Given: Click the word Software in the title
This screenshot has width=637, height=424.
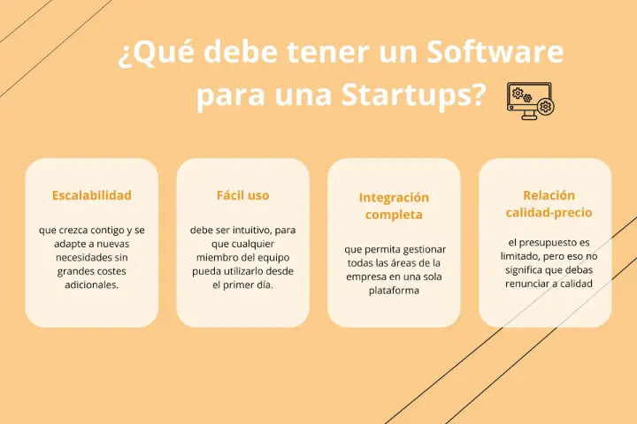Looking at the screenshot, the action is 495,52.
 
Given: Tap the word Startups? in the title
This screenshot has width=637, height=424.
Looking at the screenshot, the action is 413,95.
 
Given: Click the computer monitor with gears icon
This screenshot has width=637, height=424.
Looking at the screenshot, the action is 531,101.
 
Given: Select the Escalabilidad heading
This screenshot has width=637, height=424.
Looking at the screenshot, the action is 92,195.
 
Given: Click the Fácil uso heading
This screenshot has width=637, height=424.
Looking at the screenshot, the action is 243,195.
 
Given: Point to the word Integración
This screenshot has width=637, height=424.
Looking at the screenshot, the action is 394,198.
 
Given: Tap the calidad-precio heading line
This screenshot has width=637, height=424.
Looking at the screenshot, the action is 549,213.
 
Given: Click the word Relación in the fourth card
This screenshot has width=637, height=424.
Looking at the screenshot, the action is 549,195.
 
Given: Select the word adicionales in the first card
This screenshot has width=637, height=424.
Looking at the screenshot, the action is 92,284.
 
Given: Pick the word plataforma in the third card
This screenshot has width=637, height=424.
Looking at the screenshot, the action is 394,291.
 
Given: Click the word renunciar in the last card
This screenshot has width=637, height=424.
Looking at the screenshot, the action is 526,284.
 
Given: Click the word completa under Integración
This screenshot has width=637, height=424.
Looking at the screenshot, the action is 394,215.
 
